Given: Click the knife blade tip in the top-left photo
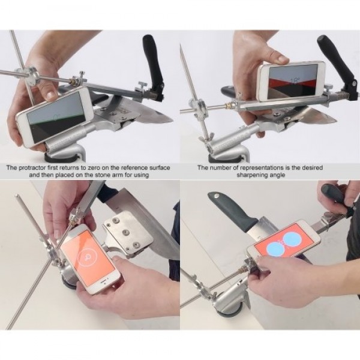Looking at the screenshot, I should (170, 119).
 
